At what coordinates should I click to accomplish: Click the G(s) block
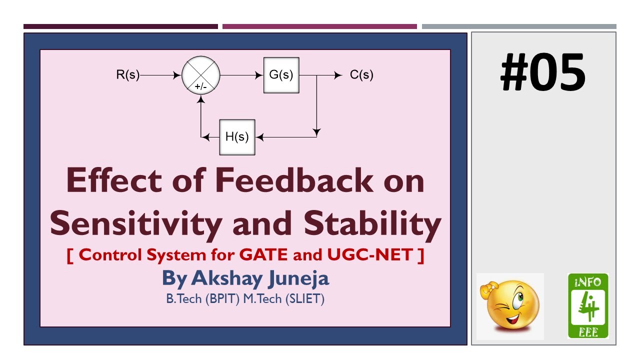click(x=281, y=75)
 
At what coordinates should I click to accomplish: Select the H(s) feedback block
click(x=237, y=136)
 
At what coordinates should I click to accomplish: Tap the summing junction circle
click(x=200, y=75)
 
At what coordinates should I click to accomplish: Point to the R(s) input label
click(x=127, y=75)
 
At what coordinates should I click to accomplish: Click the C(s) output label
click(x=361, y=75)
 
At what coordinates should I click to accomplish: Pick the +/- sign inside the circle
click(x=200, y=86)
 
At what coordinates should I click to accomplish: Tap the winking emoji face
click(x=509, y=306)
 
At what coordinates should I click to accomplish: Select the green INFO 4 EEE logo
click(x=588, y=306)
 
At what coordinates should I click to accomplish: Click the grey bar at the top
click(x=519, y=26)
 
